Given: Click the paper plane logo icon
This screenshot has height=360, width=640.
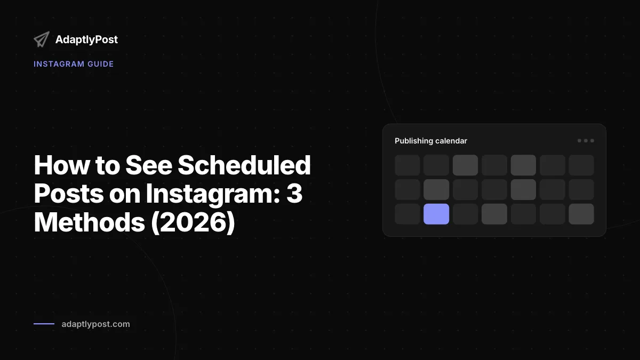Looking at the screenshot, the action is pyautogui.click(x=42, y=39).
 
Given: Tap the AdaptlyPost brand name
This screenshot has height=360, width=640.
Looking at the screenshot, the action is pyautogui.click(x=86, y=39).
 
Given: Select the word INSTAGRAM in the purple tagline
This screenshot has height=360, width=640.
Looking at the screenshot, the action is pyautogui.click(x=59, y=64).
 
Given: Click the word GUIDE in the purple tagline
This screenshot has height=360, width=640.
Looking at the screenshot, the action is pyautogui.click(x=101, y=64).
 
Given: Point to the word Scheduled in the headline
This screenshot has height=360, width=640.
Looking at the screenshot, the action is pyautogui.click(x=244, y=165).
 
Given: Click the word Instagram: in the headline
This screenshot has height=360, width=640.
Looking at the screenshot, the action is pyautogui.click(x=213, y=194).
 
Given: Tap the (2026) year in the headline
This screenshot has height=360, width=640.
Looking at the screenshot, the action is pyautogui.click(x=193, y=222).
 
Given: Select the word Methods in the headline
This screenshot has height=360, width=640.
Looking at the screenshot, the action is pyautogui.click(x=89, y=222).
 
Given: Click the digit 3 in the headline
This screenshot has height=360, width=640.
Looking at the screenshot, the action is pyautogui.click(x=294, y=194).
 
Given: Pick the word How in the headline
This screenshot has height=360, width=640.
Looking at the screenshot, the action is pyautogui.click(x=61, y=165).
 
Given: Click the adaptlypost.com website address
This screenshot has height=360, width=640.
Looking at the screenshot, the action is pyautogui.click(x=95, y=324).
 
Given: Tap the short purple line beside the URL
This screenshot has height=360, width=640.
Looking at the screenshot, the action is pyautogui.click(x=44, y=324).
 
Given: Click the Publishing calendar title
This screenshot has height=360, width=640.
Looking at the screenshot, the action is pyautogui.click(x=431, y=141).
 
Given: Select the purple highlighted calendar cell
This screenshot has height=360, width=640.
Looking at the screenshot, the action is pyautogui.click(x=436, y=214).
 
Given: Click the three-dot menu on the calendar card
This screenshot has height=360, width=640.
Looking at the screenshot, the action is pyautogui.click(x=586, y=141).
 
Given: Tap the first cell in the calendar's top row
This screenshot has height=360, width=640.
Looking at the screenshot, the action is pyautogui.click(x=407, y=165).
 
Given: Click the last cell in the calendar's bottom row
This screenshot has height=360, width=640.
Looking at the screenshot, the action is pyautogui.click(x=581, y=214).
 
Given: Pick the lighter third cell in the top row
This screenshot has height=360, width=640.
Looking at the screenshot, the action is pyautogui.click(x=465, y=165).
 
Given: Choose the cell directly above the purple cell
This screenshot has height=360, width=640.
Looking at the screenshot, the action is pyautogui.click(x=436, y=189).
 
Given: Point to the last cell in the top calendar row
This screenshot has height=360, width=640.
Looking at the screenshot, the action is pyautogui.click(x=581, y=165).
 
